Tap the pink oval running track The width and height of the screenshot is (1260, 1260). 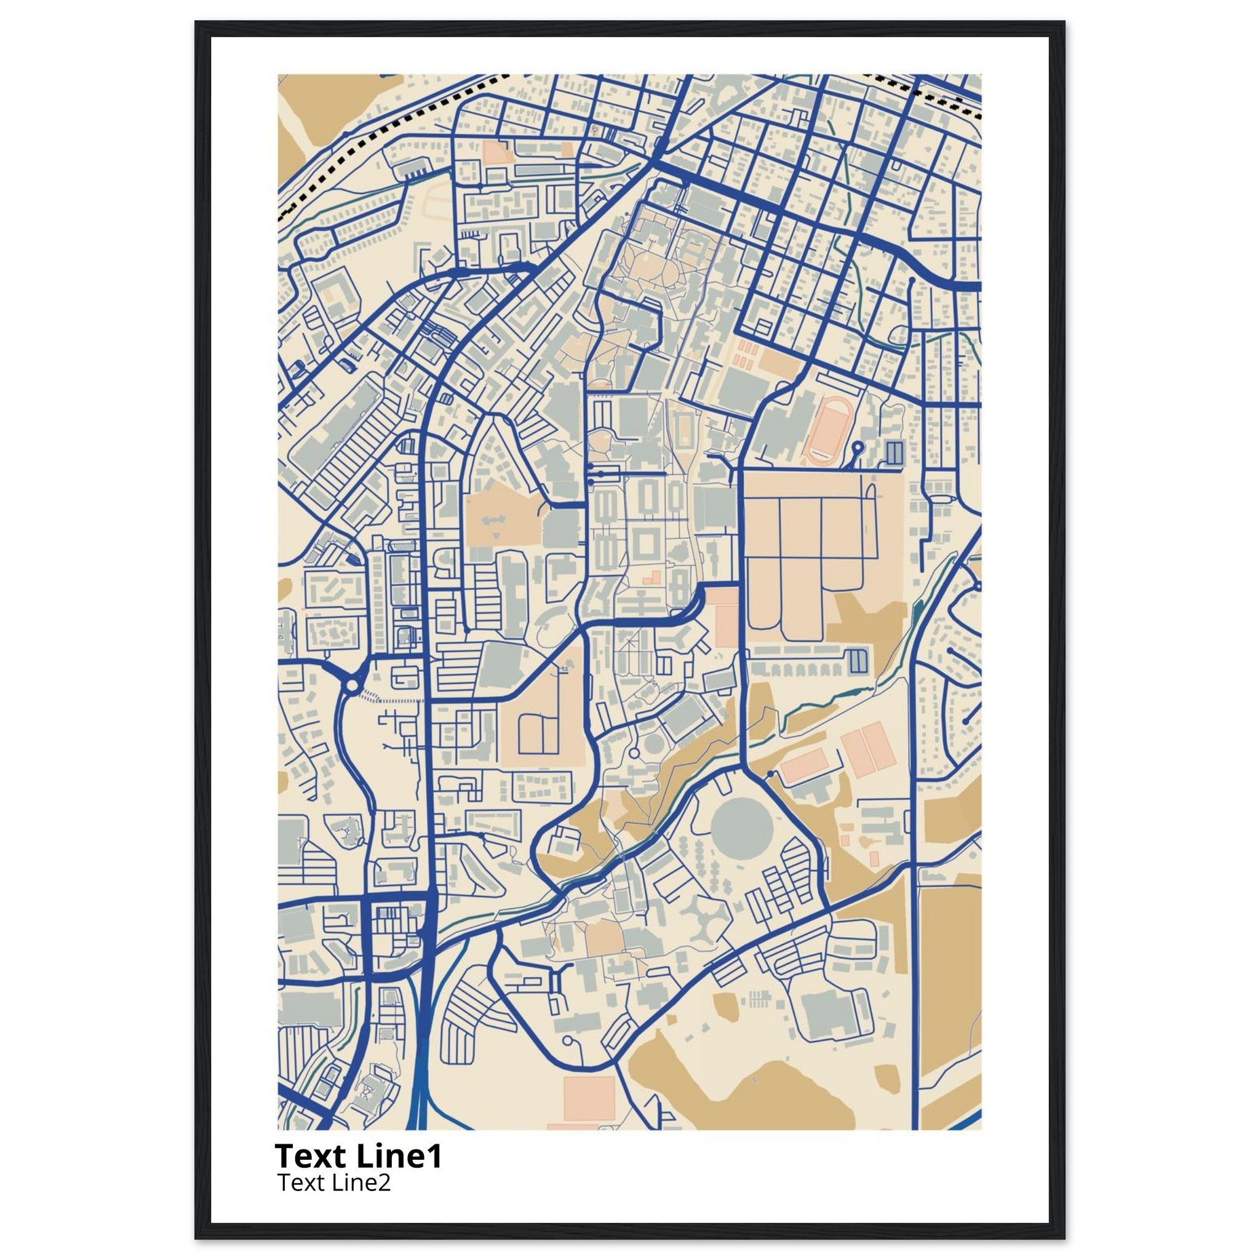(826, 432)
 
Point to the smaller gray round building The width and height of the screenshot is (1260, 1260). (652, 746)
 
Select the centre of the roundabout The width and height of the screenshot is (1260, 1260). (351, 685)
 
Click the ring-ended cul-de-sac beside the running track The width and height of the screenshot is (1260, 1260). (858, 447)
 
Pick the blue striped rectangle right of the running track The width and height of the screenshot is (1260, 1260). (894, 452)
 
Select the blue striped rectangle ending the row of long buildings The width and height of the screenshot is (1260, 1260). (859, 661)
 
